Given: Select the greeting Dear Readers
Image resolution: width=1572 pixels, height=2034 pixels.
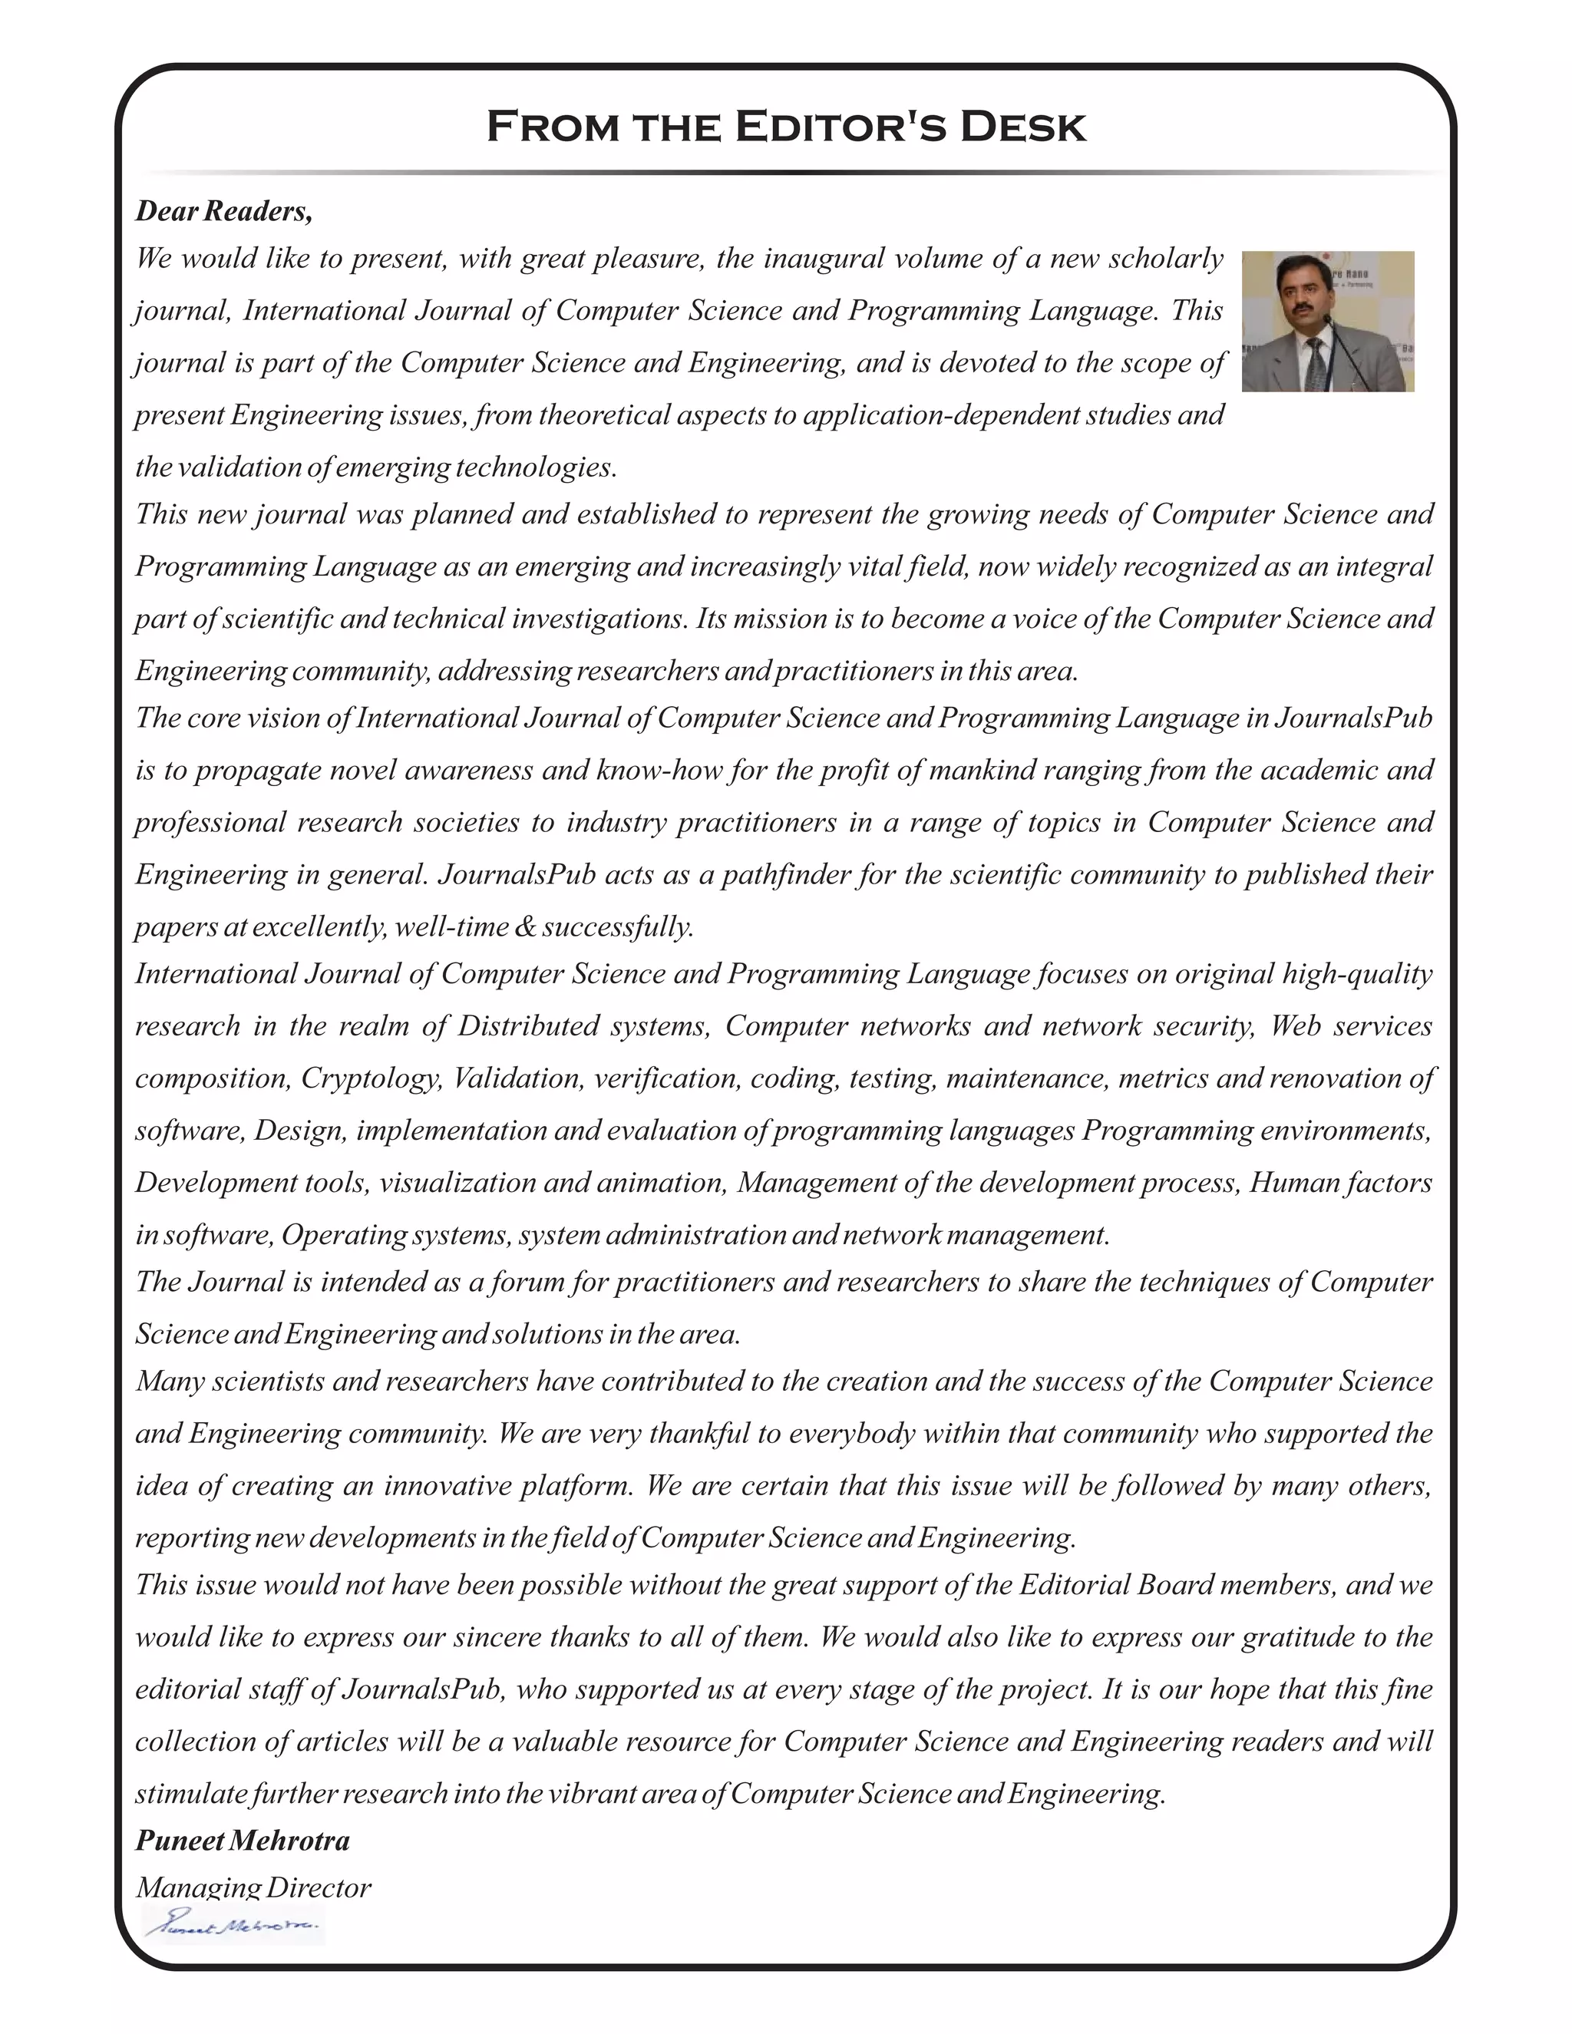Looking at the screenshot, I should click(223, 211).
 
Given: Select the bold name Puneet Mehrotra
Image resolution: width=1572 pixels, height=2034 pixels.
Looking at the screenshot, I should click(242, 1841).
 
